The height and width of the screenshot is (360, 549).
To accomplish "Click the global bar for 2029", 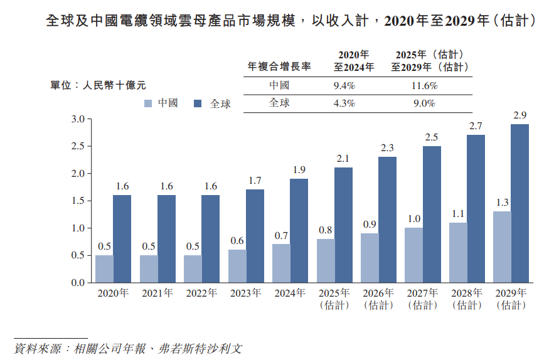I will point(520,203).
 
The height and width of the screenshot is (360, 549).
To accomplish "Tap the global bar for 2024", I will point(299,230).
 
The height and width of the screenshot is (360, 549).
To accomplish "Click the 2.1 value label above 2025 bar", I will point(343,159).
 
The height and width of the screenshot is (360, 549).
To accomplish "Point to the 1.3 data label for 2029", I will point(502,203).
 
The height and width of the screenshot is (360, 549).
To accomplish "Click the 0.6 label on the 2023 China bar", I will point(237,241).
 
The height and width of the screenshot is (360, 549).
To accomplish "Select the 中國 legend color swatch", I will point(148,103).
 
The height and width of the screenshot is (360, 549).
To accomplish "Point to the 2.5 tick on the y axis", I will point(78,146).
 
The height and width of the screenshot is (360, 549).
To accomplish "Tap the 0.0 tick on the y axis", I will point(78,283).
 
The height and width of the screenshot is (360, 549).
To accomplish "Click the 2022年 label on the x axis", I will point(201,293).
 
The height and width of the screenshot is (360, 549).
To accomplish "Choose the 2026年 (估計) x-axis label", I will point(378,299).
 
